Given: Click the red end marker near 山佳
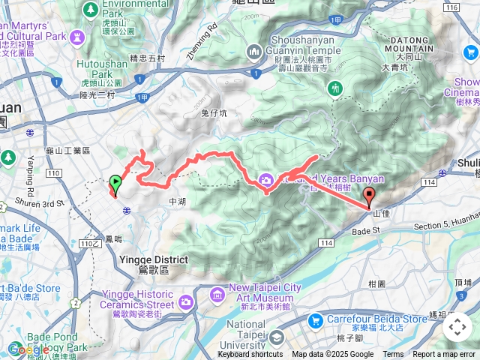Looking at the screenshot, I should coord(369,196).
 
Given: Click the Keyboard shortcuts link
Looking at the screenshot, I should coord(250,355).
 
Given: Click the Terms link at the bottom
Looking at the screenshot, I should coord(393,355).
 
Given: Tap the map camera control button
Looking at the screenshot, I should coord(457,327).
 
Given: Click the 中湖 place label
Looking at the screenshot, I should coord(177,202).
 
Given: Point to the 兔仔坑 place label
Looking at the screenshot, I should coord(214,112).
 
